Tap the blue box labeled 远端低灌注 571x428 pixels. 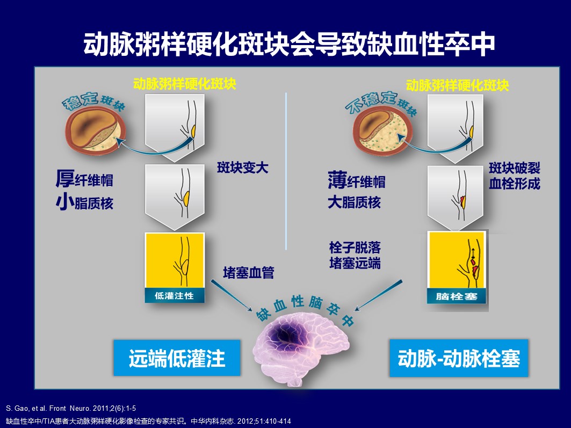[177, 358]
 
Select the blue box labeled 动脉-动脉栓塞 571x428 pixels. [459, 358]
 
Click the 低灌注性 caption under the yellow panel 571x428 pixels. [175, 295]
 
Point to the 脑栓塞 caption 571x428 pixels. [457, 296]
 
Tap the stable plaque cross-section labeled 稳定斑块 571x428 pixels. [96, 129]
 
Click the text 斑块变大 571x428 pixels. [243, 168]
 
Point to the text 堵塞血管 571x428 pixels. [249, 273]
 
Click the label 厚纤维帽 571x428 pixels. [84, 179]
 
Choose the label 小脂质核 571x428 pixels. [84, 202]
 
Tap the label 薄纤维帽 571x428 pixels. [357, 180]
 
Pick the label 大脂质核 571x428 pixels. [354, 202]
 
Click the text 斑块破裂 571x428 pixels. [514, 168]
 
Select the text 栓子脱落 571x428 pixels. [355, 248]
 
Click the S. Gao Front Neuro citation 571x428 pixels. [71, 408]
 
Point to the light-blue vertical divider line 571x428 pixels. [286, 171]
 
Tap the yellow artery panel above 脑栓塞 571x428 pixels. [457, 260]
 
